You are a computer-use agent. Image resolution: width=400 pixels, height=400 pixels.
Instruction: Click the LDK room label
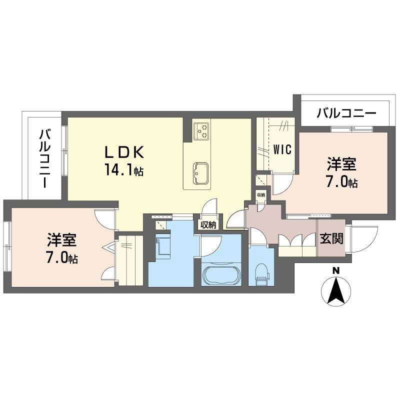tap(124, 151)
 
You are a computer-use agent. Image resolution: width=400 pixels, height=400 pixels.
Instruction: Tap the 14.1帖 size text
tap(124, 170)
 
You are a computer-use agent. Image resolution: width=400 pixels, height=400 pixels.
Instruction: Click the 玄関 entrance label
tap(331, 239)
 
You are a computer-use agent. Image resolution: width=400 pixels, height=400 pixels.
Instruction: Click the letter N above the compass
tap(336, 270)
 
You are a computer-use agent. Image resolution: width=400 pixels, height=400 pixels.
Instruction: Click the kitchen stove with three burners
tap(202, 131)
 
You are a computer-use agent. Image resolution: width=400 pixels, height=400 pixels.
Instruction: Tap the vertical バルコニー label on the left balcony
tap(45, 158)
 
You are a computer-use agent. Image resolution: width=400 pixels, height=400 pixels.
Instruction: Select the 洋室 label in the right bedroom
tap(342, 164)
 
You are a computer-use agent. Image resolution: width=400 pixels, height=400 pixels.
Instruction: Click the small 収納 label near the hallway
tap(261, 194)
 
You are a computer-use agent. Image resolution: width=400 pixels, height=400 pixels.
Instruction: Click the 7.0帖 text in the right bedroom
tap(342, 182)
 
